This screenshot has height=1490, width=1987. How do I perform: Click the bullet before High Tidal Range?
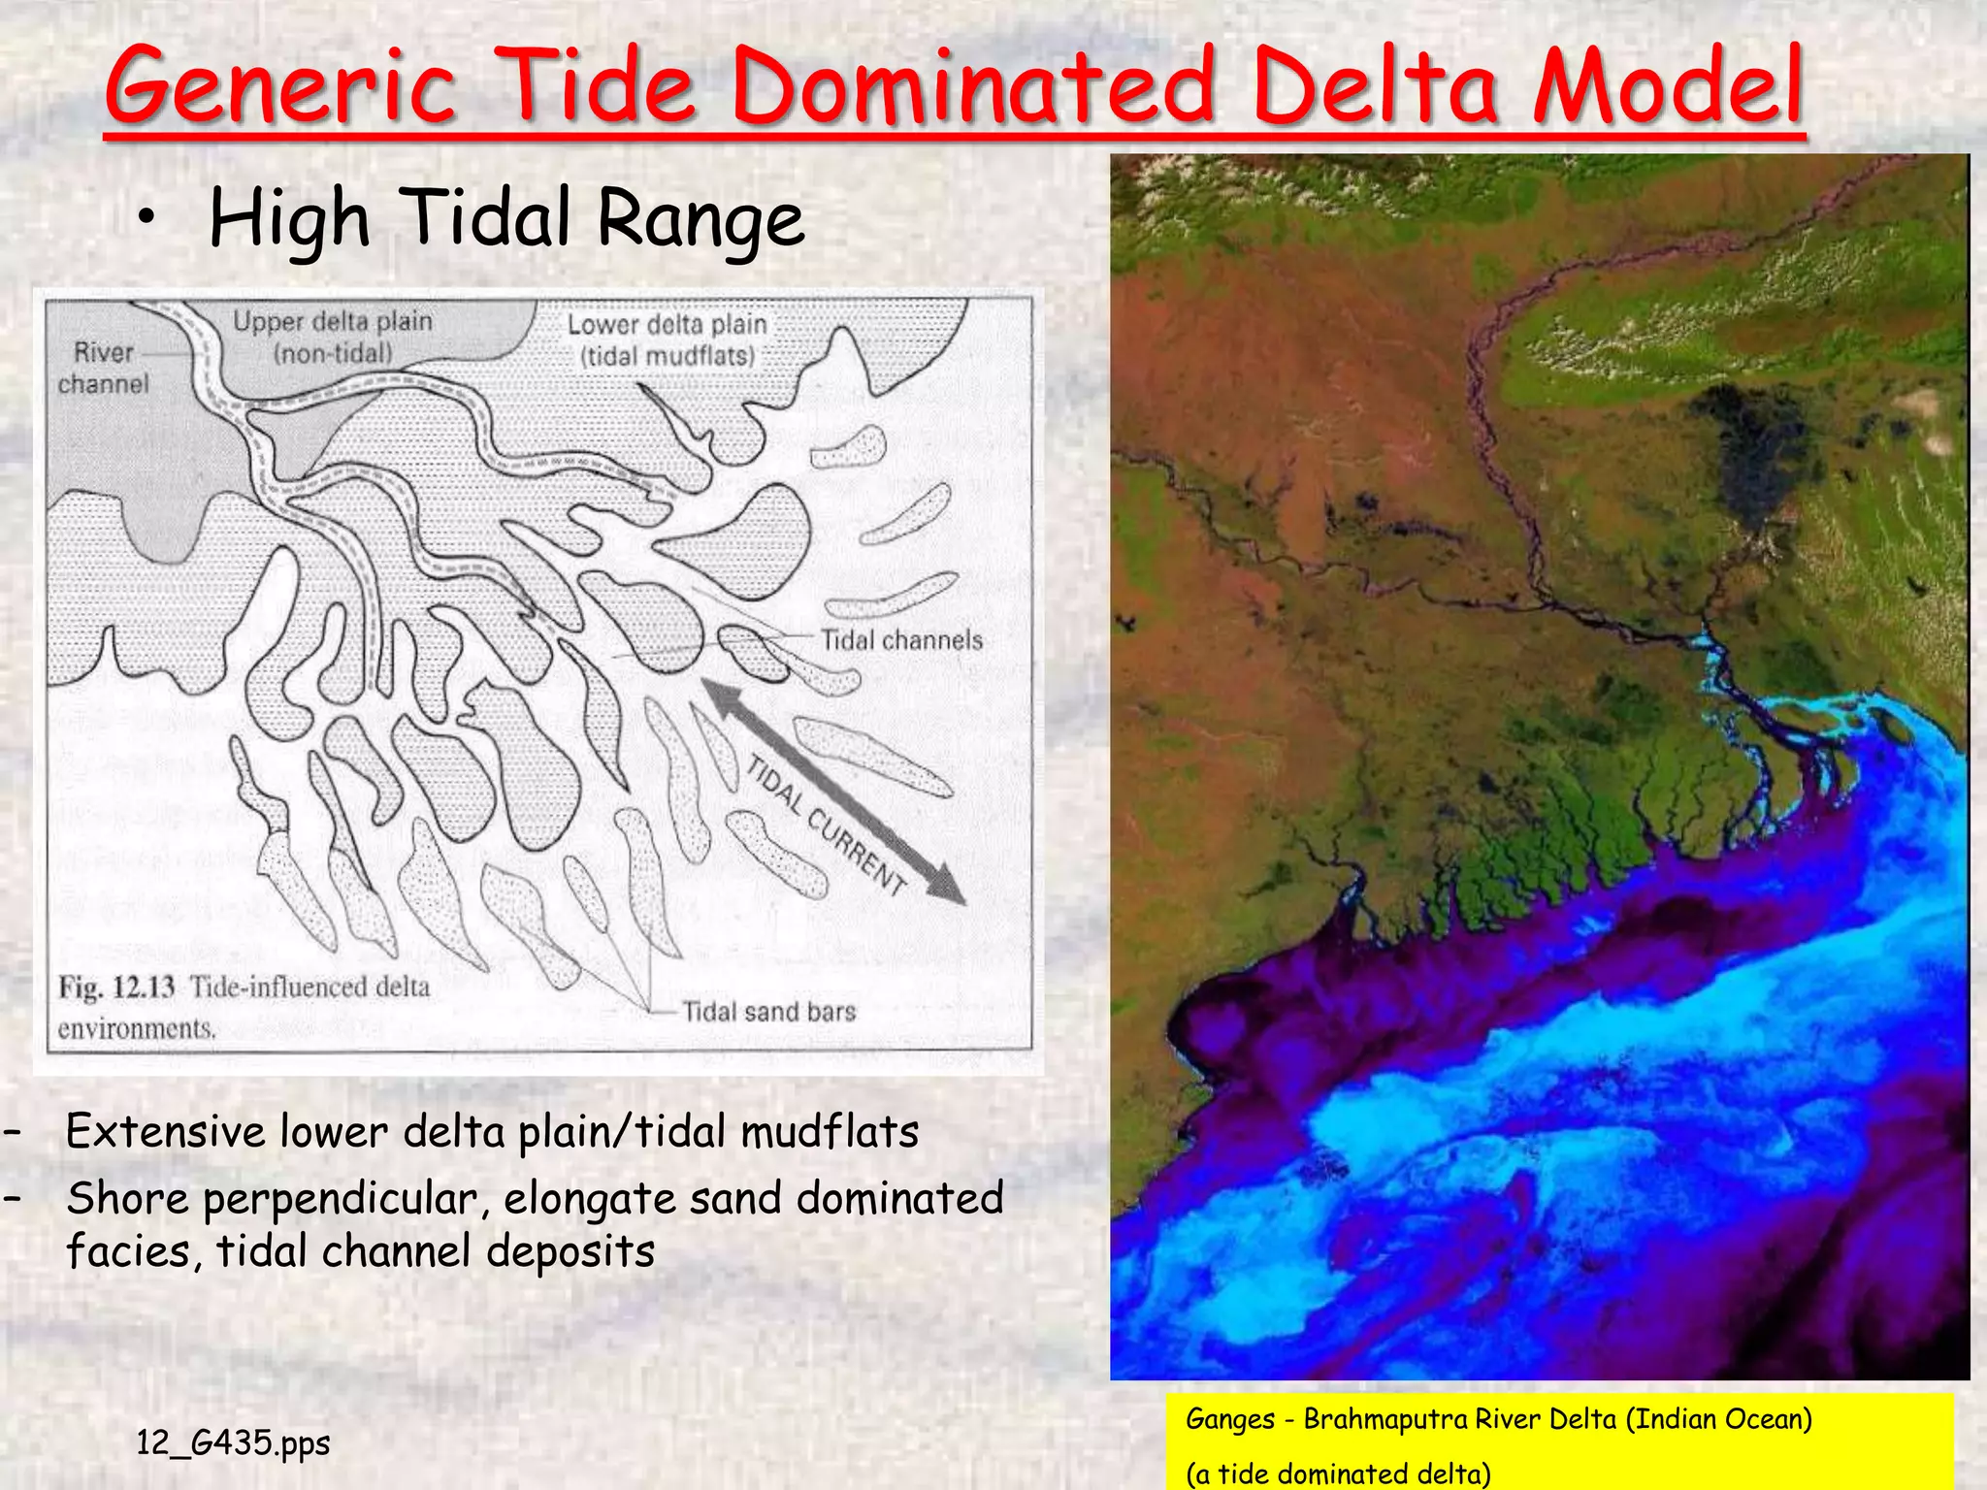tap(146, 220)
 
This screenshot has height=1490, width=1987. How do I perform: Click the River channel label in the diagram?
tap(103, 369)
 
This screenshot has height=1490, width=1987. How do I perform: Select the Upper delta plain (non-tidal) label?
tap(333, 337)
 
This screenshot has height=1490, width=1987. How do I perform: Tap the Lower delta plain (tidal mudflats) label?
tap(668, 340)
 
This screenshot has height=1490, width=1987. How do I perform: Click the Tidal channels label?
tap(901, 640)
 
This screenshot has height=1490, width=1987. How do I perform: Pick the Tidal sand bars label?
tap(768, 1012)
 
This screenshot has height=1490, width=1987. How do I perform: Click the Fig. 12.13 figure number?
tap(116, 988)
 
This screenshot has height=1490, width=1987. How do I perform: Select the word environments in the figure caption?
tap(136, 1028)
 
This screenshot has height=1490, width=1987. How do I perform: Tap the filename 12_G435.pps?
tap(233, 1442)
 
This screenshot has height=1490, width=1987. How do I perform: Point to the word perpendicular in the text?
tap(340, 1199)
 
